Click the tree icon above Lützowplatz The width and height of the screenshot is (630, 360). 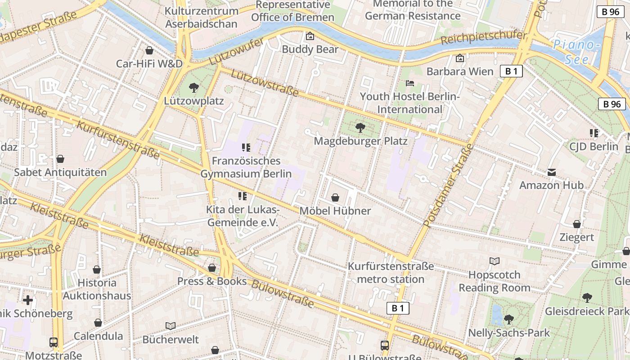194,87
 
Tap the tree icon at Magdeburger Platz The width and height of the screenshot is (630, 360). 360,128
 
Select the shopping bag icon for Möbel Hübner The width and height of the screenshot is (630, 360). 335,198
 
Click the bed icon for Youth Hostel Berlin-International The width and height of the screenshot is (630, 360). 409,83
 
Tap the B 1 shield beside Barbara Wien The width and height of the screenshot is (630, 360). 511,71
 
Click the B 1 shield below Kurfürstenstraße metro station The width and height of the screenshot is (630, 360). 398,308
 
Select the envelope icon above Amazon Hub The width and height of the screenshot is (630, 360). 552,172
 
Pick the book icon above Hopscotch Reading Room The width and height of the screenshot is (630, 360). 494,261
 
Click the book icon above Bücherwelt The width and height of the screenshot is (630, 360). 171,326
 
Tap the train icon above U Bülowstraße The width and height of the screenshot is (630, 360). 385,346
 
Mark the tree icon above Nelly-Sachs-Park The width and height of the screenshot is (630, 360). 509,319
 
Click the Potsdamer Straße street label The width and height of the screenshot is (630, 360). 449,185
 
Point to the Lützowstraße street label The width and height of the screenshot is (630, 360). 265,83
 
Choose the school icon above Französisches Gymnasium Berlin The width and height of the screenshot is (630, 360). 246,148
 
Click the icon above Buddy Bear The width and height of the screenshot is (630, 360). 310,36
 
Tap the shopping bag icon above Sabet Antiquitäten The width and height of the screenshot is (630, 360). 60,159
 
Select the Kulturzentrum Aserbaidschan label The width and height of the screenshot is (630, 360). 201,17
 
